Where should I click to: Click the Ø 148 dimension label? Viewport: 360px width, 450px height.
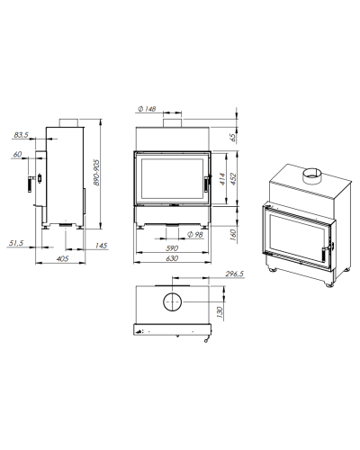(x=147, y=109)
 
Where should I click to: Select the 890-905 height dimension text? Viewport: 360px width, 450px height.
(x=96, y=172)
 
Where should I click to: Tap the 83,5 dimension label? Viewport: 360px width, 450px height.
(x=21, y=135)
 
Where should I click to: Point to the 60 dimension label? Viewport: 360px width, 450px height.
(x=17, y=154)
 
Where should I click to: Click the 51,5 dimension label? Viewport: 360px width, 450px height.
(x=16, y=243)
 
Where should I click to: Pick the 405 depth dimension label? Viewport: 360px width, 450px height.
(x=62, y=258)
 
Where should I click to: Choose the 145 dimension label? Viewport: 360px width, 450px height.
(x=101, y=246)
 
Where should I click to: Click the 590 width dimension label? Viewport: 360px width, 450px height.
(x=172, y=248)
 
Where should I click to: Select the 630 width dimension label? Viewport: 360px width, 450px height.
(x=172, y=258)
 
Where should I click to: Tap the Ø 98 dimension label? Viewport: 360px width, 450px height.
(x=195, y=234)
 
